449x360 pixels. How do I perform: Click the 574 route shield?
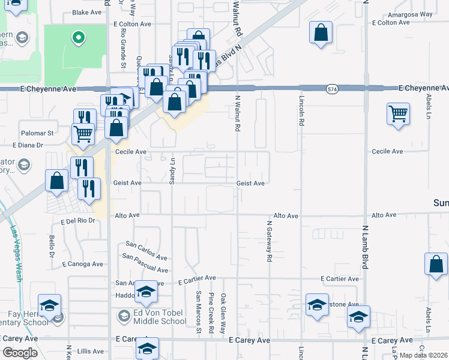pos(332,89)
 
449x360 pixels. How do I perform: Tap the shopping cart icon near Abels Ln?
pos(399,113)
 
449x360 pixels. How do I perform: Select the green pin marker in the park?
pos(77,38)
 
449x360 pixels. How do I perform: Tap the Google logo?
pos(20,353)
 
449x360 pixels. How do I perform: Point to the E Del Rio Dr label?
pos(78,221)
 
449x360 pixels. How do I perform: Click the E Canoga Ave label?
pos(81,264)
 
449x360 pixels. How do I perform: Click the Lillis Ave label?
pos(91,352)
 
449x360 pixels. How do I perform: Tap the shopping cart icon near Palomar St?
pos(83,133)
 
